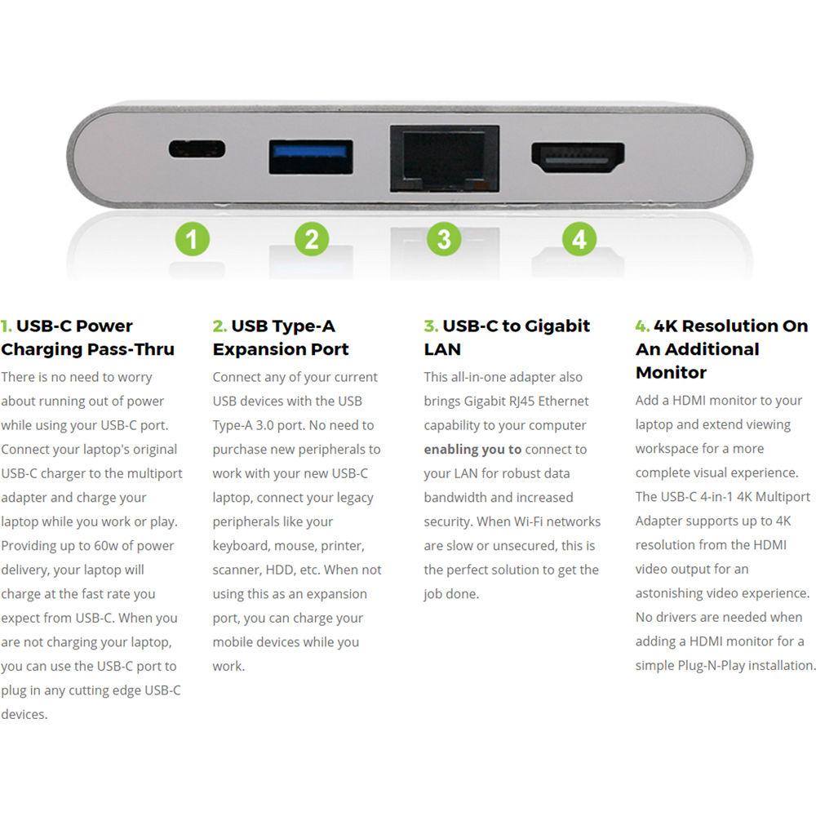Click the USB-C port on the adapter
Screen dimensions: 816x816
tap(197, 149)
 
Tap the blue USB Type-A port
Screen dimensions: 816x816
tap(311, 157)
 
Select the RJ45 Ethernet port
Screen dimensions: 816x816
tap(445, 158)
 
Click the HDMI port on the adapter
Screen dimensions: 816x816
tap(578, 157)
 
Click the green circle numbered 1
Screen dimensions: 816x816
tap(192, 240)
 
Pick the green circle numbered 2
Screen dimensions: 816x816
tap(312, 240)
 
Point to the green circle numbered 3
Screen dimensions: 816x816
tap(443, 240)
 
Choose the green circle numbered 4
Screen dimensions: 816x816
tap(579, 240)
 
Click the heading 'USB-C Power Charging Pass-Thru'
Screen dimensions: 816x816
tap(88, 338)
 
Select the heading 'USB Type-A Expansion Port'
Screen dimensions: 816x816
tap(281, 338)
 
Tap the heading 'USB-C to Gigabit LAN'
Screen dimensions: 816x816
tap(507, 338)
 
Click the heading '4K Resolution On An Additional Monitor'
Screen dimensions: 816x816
tap(721, 349)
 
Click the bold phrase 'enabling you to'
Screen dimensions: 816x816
tap(472, 450)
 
